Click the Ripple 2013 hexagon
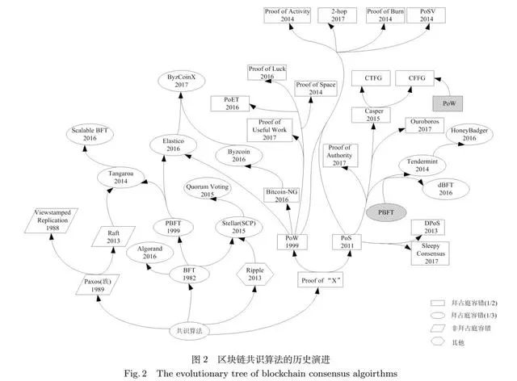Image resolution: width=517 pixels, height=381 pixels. (x=255, y=274)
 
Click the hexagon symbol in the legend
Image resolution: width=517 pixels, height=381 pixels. (x=439, y=342)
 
